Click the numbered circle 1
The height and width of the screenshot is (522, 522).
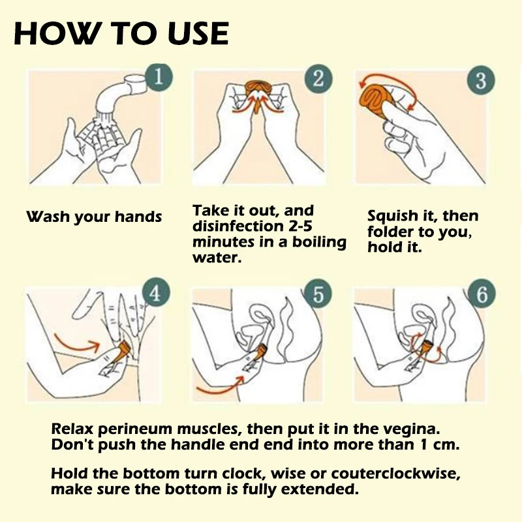[159, 77]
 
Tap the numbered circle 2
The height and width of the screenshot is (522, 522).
[318, 79]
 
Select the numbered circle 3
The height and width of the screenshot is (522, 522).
[481, 80]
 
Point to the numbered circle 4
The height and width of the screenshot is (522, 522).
[156, 294]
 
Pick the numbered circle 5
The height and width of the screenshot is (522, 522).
[318, 294]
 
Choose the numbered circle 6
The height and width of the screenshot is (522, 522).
[481, 294]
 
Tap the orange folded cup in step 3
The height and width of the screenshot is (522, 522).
[375, 99]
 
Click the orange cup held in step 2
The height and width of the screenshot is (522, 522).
[257, 90]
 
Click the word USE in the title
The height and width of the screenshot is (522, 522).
[198, 33]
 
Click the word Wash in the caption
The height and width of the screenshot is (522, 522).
[48, 217]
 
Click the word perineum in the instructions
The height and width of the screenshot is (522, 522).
[135, 429]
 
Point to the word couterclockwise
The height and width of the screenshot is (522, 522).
[395, 474]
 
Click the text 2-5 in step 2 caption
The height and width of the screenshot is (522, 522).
[300, 226]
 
